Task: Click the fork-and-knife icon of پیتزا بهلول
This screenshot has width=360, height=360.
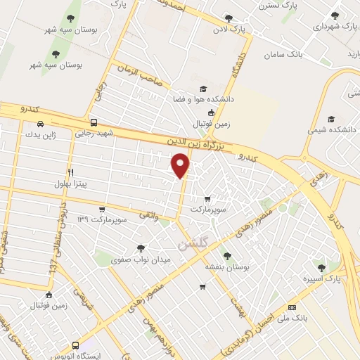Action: pyautogui.click(x=70, y=172)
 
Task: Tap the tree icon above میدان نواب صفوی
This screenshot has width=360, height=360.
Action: pyautogui.click(x=141, y=247)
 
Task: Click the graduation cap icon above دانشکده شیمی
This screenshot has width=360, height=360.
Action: pyautogui.click(x=331, y=119)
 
